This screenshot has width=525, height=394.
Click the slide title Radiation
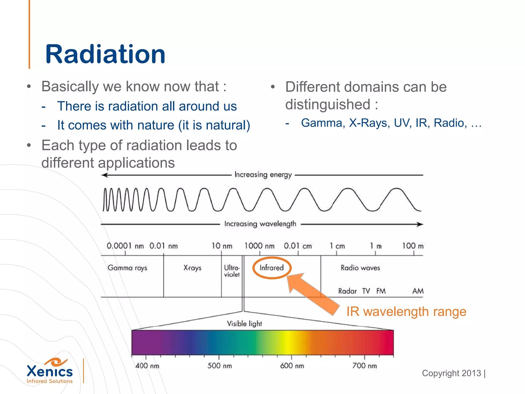105,54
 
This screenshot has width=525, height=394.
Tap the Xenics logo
50,371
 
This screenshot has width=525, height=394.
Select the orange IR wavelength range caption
406,312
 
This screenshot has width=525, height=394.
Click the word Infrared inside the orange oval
271,268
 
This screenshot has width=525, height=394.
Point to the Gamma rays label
127,268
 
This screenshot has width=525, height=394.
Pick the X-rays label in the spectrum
192,268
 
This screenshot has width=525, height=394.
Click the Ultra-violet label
231,271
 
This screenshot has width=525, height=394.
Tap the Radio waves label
360,268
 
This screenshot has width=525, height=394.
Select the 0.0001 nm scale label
125,246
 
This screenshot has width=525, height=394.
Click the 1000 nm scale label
259,246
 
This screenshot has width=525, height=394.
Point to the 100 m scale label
413,246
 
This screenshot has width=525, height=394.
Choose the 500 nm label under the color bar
219,366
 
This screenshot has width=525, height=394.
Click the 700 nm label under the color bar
364,366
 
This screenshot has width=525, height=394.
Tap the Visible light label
244,324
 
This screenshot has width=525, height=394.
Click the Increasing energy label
263,175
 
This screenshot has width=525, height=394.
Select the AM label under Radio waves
418,291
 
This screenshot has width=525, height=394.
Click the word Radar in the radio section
347,291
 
